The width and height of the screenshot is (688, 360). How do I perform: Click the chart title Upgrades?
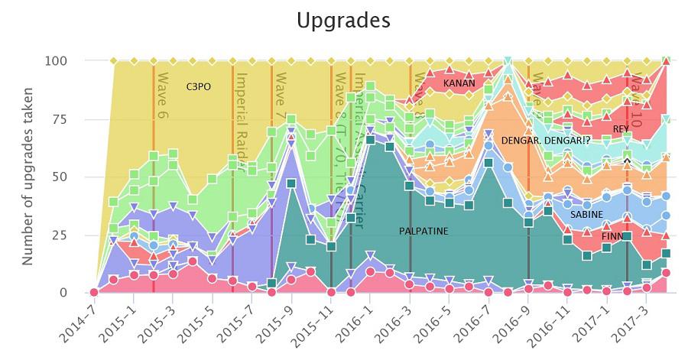click(343, 21)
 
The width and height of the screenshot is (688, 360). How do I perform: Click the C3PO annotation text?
click(199, 86)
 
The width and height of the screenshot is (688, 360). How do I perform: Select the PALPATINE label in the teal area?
click(424, 231)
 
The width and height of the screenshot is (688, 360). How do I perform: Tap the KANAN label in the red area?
click(459, 83)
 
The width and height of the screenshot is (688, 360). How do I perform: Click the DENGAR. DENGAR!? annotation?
click(546, 141)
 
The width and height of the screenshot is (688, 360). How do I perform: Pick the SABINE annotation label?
click(586, 215)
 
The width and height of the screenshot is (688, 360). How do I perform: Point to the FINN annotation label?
click(612, 236)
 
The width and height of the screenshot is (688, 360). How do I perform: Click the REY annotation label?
click(621, 129)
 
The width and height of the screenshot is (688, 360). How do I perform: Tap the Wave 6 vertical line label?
click(161, 95)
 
